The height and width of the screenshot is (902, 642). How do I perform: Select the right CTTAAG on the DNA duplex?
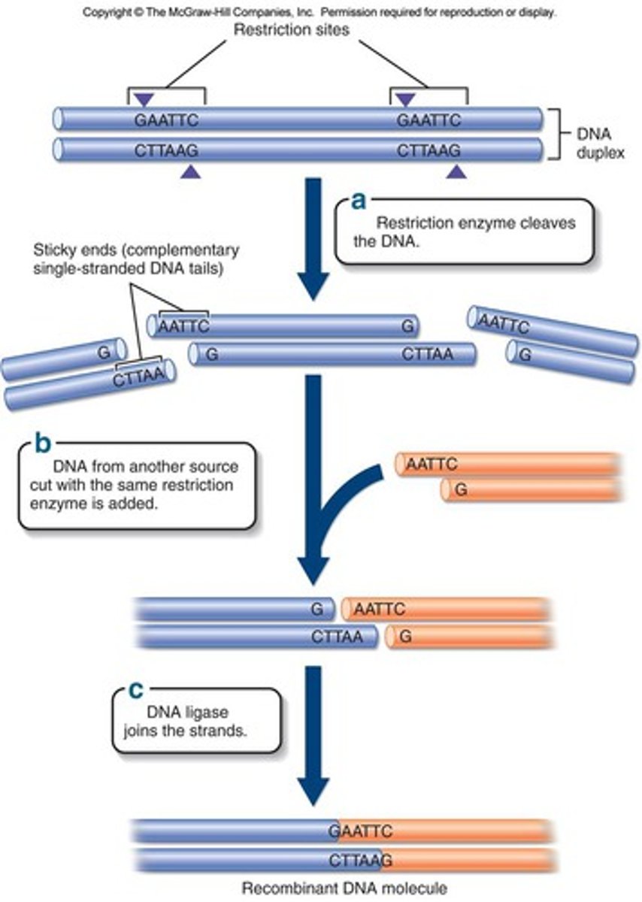[429, 150]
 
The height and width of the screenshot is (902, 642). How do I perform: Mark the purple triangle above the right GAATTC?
[406, 98]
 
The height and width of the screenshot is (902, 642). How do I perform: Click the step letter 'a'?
[359, 201]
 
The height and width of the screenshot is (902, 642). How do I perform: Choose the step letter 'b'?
[42, 443]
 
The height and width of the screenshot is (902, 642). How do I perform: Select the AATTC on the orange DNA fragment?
[431, 465]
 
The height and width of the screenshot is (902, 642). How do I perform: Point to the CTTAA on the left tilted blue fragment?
[138, 376]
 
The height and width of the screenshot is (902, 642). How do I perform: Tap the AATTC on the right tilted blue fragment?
[504, 323]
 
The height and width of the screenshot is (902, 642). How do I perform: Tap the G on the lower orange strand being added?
[462, 489]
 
